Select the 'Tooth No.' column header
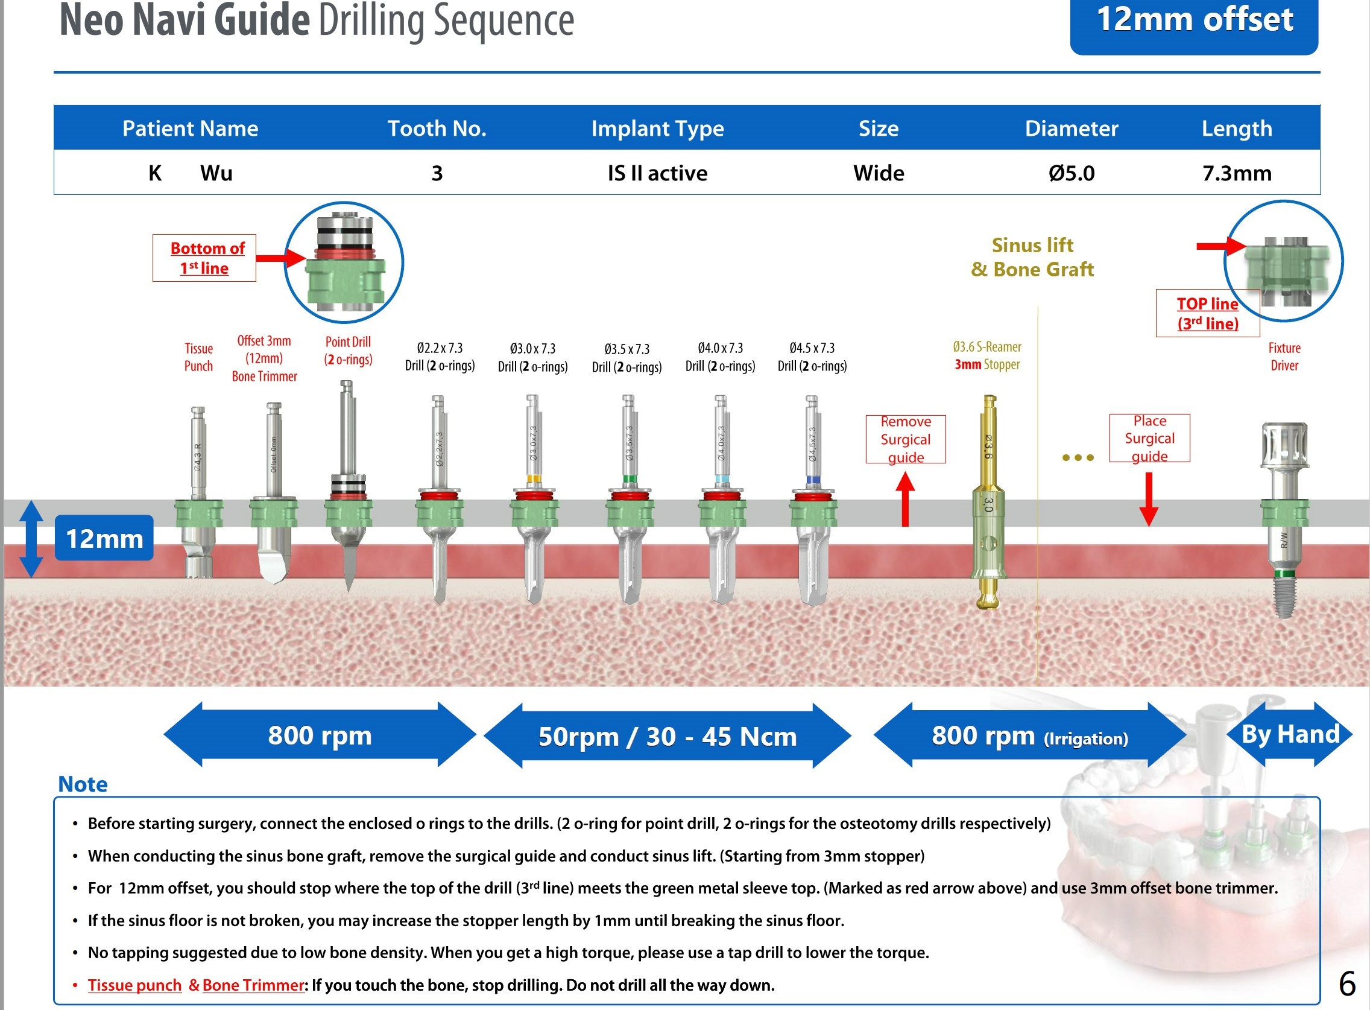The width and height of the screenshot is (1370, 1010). pos(437,129)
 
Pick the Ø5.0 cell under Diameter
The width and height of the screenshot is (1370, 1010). pos(1071,173)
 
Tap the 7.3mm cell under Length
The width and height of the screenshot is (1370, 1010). pos(1237,173)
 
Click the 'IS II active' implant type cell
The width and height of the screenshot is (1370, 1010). pos(657,173)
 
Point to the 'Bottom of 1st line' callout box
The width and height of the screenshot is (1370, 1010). pos(204,258)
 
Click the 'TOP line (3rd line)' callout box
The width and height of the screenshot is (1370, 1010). pos(1207,314)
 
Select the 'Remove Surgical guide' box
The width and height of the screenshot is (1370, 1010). pos(906,439)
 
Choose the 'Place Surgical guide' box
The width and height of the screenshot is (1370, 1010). pos(1149,438)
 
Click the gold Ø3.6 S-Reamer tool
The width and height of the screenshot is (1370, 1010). pos(988,501)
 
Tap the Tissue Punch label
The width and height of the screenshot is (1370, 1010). pos(198,357)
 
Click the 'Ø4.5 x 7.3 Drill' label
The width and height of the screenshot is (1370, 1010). pos(812,357)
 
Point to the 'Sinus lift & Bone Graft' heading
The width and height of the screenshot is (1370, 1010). pos(1032,258)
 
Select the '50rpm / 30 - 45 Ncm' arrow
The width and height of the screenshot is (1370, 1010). pos(668,736)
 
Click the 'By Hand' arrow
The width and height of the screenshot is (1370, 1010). pos(1290,734)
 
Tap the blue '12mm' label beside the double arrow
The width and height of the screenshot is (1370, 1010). pos(104,538)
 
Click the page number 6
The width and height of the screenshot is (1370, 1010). pos(1346,983)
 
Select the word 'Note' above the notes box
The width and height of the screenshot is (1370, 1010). pos(83,784)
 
